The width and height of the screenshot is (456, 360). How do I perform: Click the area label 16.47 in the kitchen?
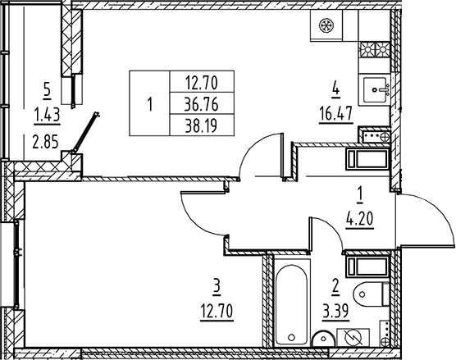click(x=336, y=113)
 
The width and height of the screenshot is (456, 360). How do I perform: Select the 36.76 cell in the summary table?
click(x=201, y=104)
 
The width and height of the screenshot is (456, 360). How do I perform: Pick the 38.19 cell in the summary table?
click(x=201, y=125)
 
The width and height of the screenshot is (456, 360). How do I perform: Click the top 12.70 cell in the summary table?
click(x=201, y=82)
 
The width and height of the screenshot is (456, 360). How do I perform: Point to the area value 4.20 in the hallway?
click(x=359, y=219)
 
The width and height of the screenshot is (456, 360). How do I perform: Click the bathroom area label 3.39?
click(x=335, y=312)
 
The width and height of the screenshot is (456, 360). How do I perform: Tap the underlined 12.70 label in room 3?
click(x=217, y=312)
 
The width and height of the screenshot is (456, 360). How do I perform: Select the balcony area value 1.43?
click(x=47, y=116)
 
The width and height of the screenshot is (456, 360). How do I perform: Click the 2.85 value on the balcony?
click(x=46, y=142)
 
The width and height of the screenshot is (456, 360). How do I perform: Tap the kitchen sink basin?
click(x=375, y=90)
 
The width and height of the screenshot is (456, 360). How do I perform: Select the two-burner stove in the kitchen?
click(x=375, y=50)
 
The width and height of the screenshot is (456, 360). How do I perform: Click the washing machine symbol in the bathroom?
click(x=353, y=337)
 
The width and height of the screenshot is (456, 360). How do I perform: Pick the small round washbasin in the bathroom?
click(x=323, y=339)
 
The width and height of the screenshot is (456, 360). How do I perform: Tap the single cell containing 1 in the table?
click(x=149, y=103)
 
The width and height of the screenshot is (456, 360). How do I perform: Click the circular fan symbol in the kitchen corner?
click(x=326, y=25)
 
